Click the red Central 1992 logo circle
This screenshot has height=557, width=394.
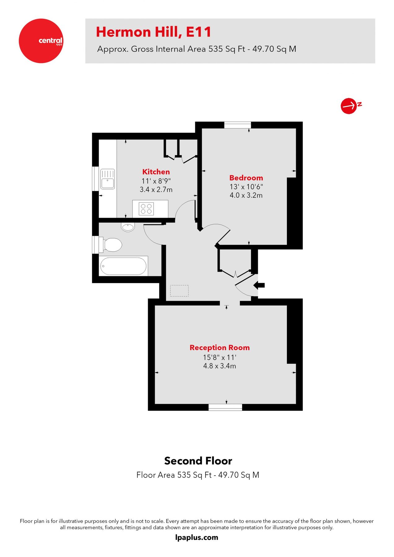tap(41, 41)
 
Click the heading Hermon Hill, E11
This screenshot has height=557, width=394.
tap(154, 32)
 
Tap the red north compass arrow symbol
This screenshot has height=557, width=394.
tap(349, 106)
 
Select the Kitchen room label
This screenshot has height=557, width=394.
tap(156, 172)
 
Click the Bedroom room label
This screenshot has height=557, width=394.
tap(246, 178)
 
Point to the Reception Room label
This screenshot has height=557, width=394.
tap(219, 348)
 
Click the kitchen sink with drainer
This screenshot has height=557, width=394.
tap(107, 179)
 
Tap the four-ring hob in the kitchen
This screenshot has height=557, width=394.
tap(146, 209)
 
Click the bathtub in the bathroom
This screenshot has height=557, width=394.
tap(123, 266)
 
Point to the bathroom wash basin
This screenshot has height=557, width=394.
tap(128, 227)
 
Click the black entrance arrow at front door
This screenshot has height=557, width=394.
tap(259, 285)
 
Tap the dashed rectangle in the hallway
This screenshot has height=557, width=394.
tap(179, 291)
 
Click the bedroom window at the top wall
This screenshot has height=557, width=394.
tap(237, 125)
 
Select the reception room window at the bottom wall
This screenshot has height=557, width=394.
tap(225, 407)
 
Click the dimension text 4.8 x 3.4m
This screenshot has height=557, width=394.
tap(219, 366)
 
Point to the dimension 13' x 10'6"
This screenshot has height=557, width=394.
tap(246, 187)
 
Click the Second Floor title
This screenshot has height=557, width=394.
tap(198, 461)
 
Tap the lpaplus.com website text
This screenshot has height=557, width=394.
tap(197, 538)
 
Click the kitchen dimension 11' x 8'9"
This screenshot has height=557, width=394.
tap(156, 181)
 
